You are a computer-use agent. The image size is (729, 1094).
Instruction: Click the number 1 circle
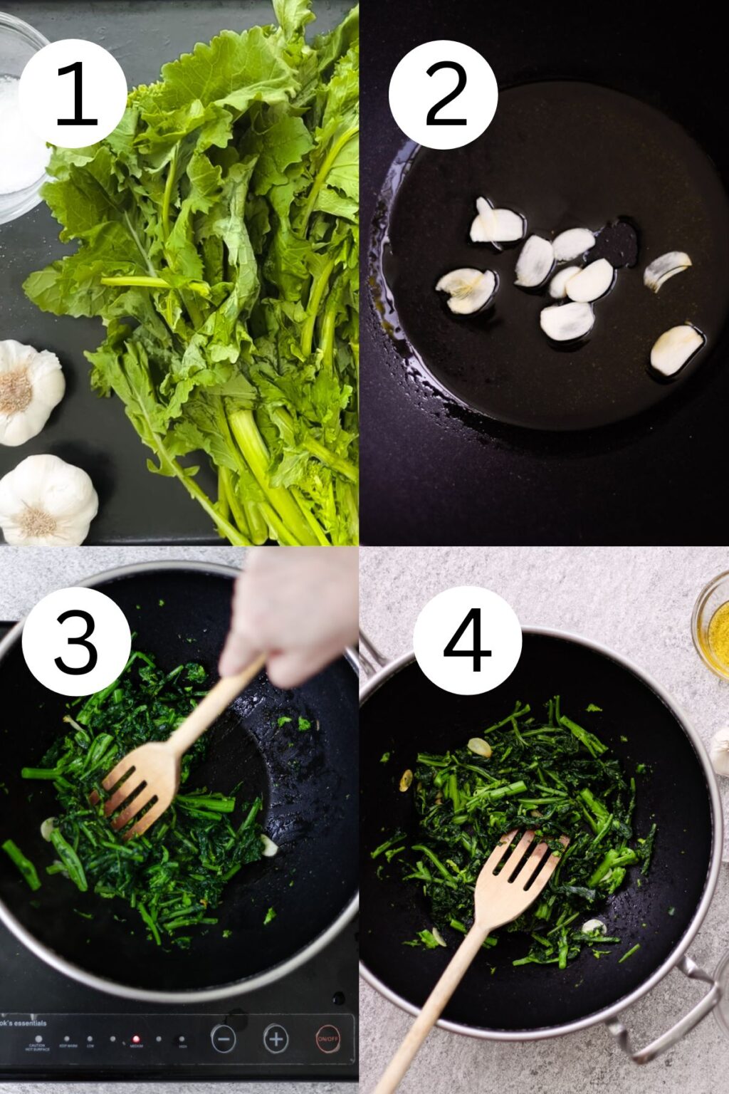click(x=73, y=93)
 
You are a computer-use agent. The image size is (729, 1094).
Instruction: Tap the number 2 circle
click(x=443, y=95)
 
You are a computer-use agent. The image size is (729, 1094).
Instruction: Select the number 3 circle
click(x=76, y=641)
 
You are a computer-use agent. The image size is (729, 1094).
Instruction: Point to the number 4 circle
click(x=467, y=640)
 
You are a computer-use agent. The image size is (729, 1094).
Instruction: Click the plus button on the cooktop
click(x=276, y=1039)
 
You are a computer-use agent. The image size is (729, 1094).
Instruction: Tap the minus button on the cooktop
click(x=223, y=1039)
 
